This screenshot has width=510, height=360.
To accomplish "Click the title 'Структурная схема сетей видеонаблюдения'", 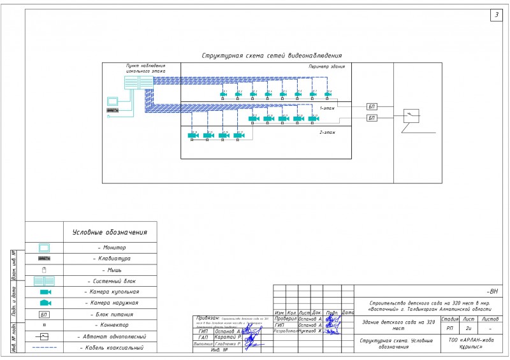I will click(272, 56).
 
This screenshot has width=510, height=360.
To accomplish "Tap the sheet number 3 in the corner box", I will click(496, 15).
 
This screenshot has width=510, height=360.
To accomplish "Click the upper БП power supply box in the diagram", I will click(372, 106).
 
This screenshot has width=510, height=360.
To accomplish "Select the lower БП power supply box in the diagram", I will click(372, 118).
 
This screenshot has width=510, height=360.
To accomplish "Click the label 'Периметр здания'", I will click(327, 66).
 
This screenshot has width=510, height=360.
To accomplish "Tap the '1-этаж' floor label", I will click(327, 108).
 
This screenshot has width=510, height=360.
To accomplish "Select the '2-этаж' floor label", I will click(327, 132).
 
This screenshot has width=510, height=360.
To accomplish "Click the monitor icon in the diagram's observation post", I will click(113, 100).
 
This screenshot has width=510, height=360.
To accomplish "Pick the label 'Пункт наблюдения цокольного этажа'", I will click(145, 69).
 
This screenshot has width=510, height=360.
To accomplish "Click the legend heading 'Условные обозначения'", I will click(110, 233).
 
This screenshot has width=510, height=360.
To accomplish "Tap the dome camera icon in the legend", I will click(45, 292).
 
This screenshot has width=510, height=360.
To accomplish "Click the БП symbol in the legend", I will click(44, 314).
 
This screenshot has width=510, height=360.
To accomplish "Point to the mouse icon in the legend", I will click(44, 270).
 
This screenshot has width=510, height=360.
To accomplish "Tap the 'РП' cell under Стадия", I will click(449, 329).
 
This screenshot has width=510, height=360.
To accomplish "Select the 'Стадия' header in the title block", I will click(450, 319).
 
